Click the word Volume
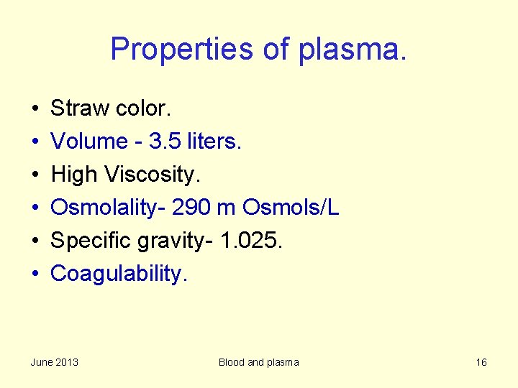click(89, 142)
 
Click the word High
click(75, 175)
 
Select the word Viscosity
click(150, 175)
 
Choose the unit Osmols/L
click(291, 208)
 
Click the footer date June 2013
click(55, 362)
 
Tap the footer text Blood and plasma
click(258, 362)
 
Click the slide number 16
click(481, 362)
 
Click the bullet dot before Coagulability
click(35, 274)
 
